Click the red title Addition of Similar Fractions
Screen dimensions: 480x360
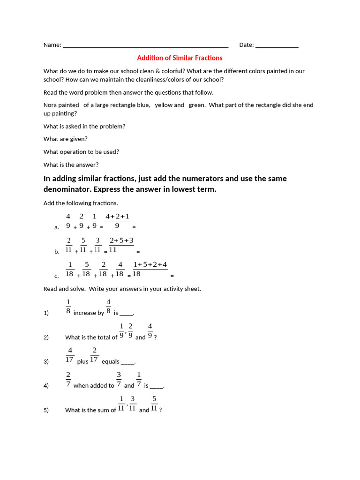pyautogui.click(x=180, y=58)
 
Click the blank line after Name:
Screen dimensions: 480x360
pyautogui.click(x=145, y=45)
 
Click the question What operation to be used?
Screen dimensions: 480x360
pyautogui.click(x=81, y=152)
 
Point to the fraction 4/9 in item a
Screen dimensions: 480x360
pyautogui.click(x=68, y=221)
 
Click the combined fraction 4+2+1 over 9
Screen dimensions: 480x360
pyautogui.click(x=117, y=221)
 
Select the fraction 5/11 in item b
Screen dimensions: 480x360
pyautogui.click(x=83, y=245)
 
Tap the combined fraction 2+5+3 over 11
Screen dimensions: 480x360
pyautogui.click(x=121, y=245)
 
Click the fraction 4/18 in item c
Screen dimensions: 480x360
pyautogui.click(x=120, y=269)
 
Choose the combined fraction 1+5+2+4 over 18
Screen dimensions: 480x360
pyautogui.click(x=150, y=269)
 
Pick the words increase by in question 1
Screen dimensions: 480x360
pyautogui.click(x=89, y=313)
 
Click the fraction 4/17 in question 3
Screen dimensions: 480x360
pyautogui.click(x=70, y=355)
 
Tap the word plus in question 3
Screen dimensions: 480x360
pyautogui.click(x=82, y=362)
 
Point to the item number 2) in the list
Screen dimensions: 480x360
pyautogui.click(x=46, y=337)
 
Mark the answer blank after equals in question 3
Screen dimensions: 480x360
pyautogui.click(x=128, y=362)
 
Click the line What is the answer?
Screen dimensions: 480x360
pyautogui.click(x=71, y=165)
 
